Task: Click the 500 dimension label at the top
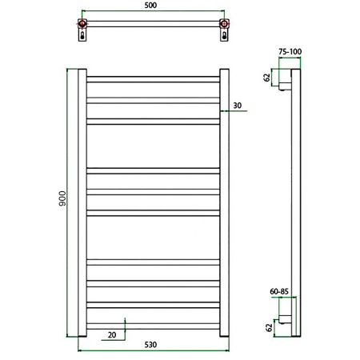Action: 150,6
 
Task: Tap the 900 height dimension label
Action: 62,198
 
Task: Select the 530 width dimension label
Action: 150,345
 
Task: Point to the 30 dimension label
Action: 238,106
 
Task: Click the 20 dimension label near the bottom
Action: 112,335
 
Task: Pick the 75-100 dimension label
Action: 290,51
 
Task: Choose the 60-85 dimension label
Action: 279,291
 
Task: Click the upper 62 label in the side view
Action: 267,78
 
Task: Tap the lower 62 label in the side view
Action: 269,327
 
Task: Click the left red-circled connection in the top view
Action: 82,24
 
